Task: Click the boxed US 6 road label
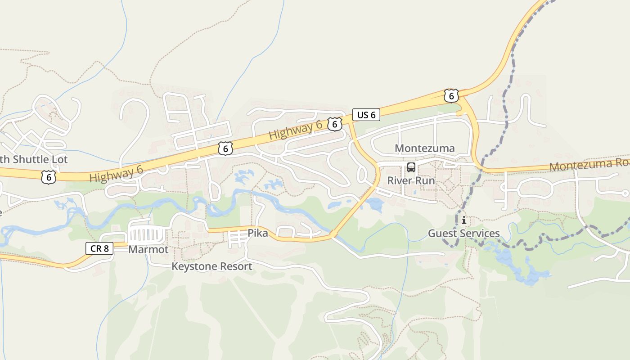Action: [366, 115]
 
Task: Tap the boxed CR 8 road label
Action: [99, 248]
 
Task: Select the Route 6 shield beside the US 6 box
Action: [334, 124]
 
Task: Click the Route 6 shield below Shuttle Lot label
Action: [48, 177]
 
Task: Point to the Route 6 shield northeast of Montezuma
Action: [451, 96]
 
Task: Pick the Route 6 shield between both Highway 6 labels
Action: [225, 148]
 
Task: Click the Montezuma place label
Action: [424, 148]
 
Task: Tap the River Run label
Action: [411, 180]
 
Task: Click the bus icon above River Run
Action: [411, 168]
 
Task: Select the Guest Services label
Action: [463, 233]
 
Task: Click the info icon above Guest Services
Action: [463, 220]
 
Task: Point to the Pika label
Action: [258, 233]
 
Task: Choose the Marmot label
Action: [148, 249]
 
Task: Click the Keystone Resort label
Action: [211, 266]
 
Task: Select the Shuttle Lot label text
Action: [34, 159]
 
